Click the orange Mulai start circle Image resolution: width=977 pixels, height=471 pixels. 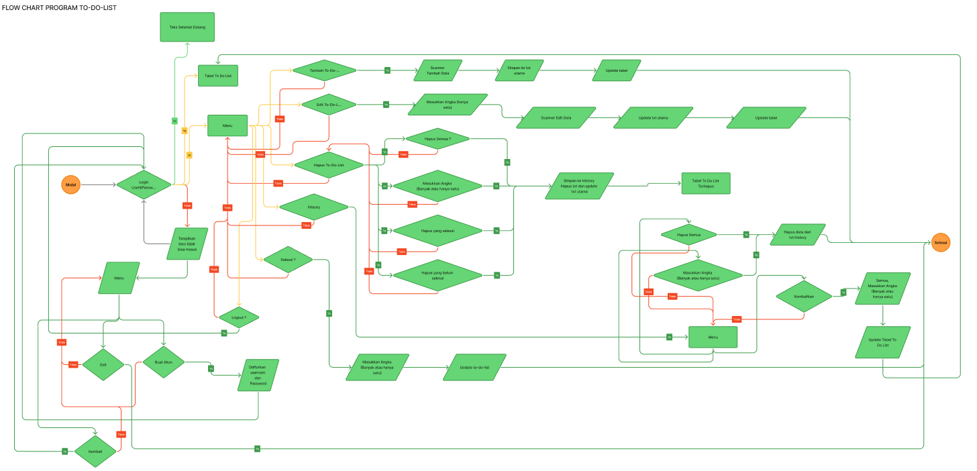pos(70,184)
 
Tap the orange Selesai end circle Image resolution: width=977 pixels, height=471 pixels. pos(941,242)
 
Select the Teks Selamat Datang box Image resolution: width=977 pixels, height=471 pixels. pos(187,27)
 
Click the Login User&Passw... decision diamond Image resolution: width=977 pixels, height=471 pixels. pos(144,185)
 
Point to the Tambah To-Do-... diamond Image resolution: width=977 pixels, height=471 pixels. pos(324,70)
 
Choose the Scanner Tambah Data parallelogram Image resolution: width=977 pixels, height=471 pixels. pos(437,70)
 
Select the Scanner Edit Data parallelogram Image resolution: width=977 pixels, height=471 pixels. pos(556,117)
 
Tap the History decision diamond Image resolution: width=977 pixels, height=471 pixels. pos(313,207)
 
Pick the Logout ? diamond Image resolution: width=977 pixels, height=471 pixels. pos(238,317)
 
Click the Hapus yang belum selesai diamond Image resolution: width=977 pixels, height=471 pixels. pos(438,275)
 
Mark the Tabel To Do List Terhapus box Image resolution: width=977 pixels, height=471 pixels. pos(705,183)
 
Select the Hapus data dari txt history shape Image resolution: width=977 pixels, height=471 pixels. pos(798,234)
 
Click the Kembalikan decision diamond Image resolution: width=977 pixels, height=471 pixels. pos(804,295)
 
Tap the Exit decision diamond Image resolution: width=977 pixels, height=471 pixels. pos(103,364)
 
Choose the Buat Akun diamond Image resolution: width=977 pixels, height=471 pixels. pos(164,362)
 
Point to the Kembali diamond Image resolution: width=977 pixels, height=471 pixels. pos(95,452)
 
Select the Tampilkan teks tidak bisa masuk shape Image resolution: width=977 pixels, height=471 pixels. pos(187,244)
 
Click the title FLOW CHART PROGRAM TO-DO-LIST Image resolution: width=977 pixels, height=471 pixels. pos(59,7)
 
